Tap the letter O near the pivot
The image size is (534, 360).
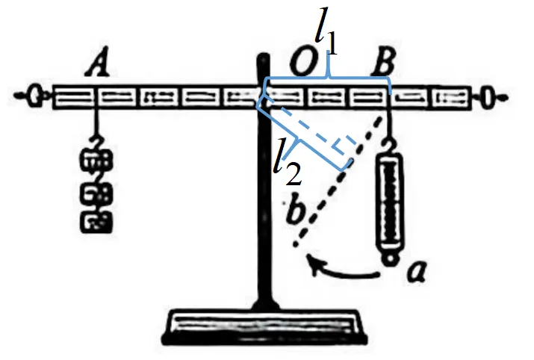click(304, 62)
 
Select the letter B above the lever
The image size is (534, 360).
click(384, 61)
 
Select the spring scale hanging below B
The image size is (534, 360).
click(389, 200)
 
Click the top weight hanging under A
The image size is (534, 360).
click(96, 160)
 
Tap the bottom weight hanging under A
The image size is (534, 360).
click(96, 222)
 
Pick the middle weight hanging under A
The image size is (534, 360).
click(96, 193)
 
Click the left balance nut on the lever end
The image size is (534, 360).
click(34, 96)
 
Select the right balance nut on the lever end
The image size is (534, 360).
click(488, 97)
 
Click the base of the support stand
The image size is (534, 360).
click(264, 326)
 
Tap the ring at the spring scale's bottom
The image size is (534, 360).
click(390, 259)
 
